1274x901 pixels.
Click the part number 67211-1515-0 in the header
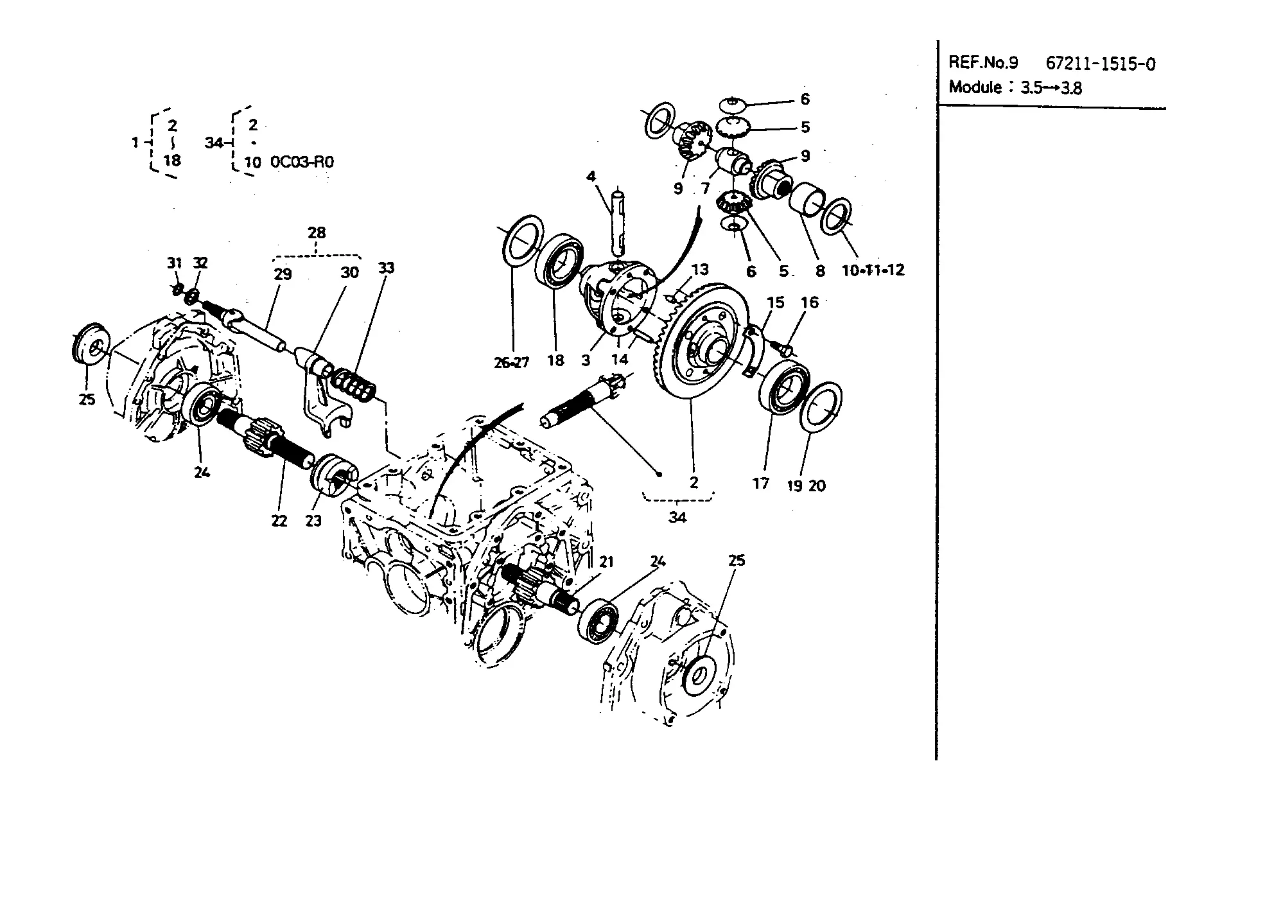[x=1101, y=64]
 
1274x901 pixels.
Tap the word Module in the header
[x=975, y=87]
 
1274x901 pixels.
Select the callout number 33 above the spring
[x=386, y=268]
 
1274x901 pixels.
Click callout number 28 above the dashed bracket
[x=317, y=232]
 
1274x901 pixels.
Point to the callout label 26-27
[x=512, y=363]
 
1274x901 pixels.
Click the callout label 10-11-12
[x=873, y=270]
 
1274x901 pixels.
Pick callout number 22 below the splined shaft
[x=279, y=521]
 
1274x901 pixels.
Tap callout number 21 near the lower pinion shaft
[x=606, y=562]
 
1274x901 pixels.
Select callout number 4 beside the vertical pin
[x=591, y=176]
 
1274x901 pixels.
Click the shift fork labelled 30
[x=324, y=398]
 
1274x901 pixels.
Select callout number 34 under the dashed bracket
[x=677, y=517]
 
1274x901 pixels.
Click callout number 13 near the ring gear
[x=699, y=270]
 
